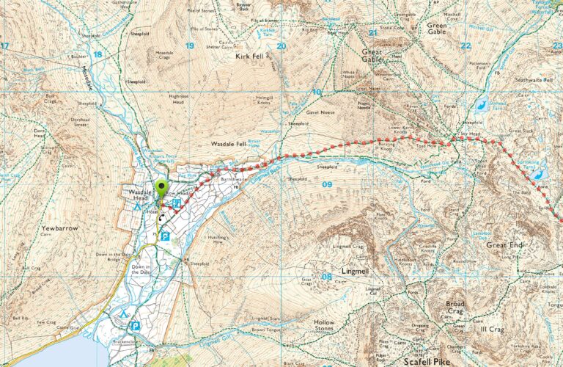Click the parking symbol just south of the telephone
point(166,236)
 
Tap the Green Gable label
point(442,29)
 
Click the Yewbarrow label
point(59,228)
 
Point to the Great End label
point(506,244)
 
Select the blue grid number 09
point(327,185)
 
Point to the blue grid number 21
point(372,32)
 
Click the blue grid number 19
point(190,46)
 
